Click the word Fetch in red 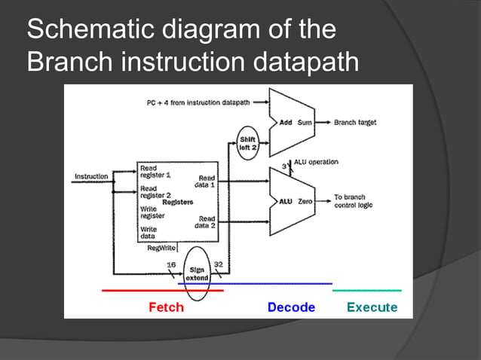click(x=166, y=307)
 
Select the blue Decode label click(x=291, y=307)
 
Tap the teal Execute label click(x=372, y=307)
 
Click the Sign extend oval click(x=197, y=273)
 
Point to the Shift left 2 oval click(x=247, y=143)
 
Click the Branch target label click(x=355, y=122)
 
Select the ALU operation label click(x=314, y=162)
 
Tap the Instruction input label click(x=91, y=176)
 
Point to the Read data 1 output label click(x=206, y=181)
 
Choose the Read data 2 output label click(x=206, y=221)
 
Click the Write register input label click(x=149, y=213)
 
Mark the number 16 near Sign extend click(x=171, y=264)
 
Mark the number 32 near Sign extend click(x=219, y=264)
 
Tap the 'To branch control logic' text click(x=354, y=201)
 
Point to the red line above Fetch click(x=162, y=290)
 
